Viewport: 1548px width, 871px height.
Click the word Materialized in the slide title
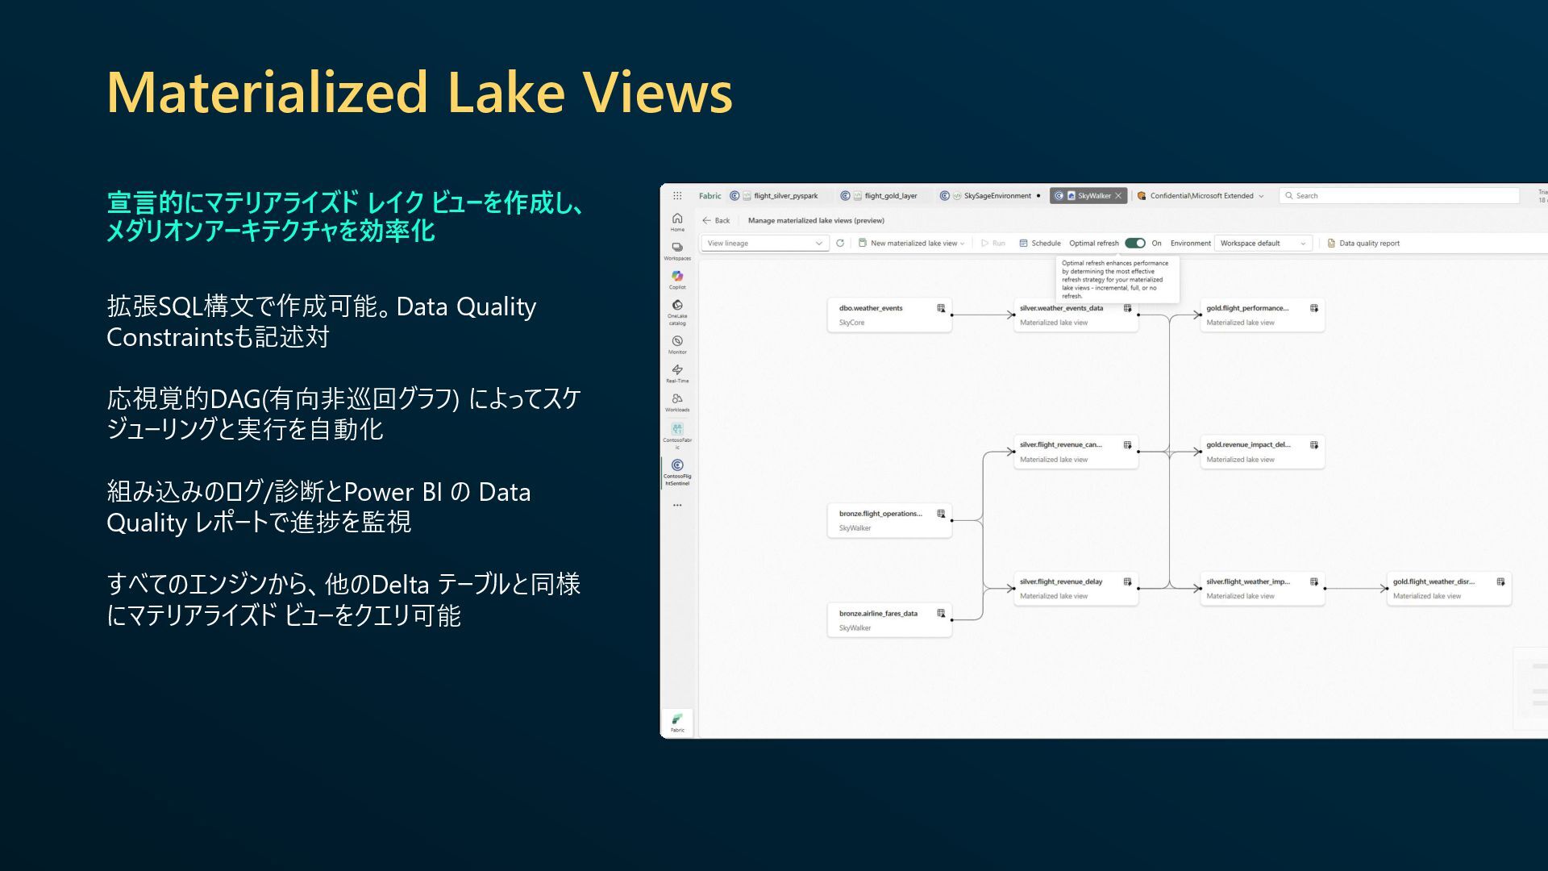[268, 93]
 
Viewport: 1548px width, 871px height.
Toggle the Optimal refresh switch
[1135, 243]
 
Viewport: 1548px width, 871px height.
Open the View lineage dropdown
[764, 243]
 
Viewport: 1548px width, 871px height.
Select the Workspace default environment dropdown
[1263, 243]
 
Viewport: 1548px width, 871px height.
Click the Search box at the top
[1399, 196]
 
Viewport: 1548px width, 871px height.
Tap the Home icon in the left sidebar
[677, 220]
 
